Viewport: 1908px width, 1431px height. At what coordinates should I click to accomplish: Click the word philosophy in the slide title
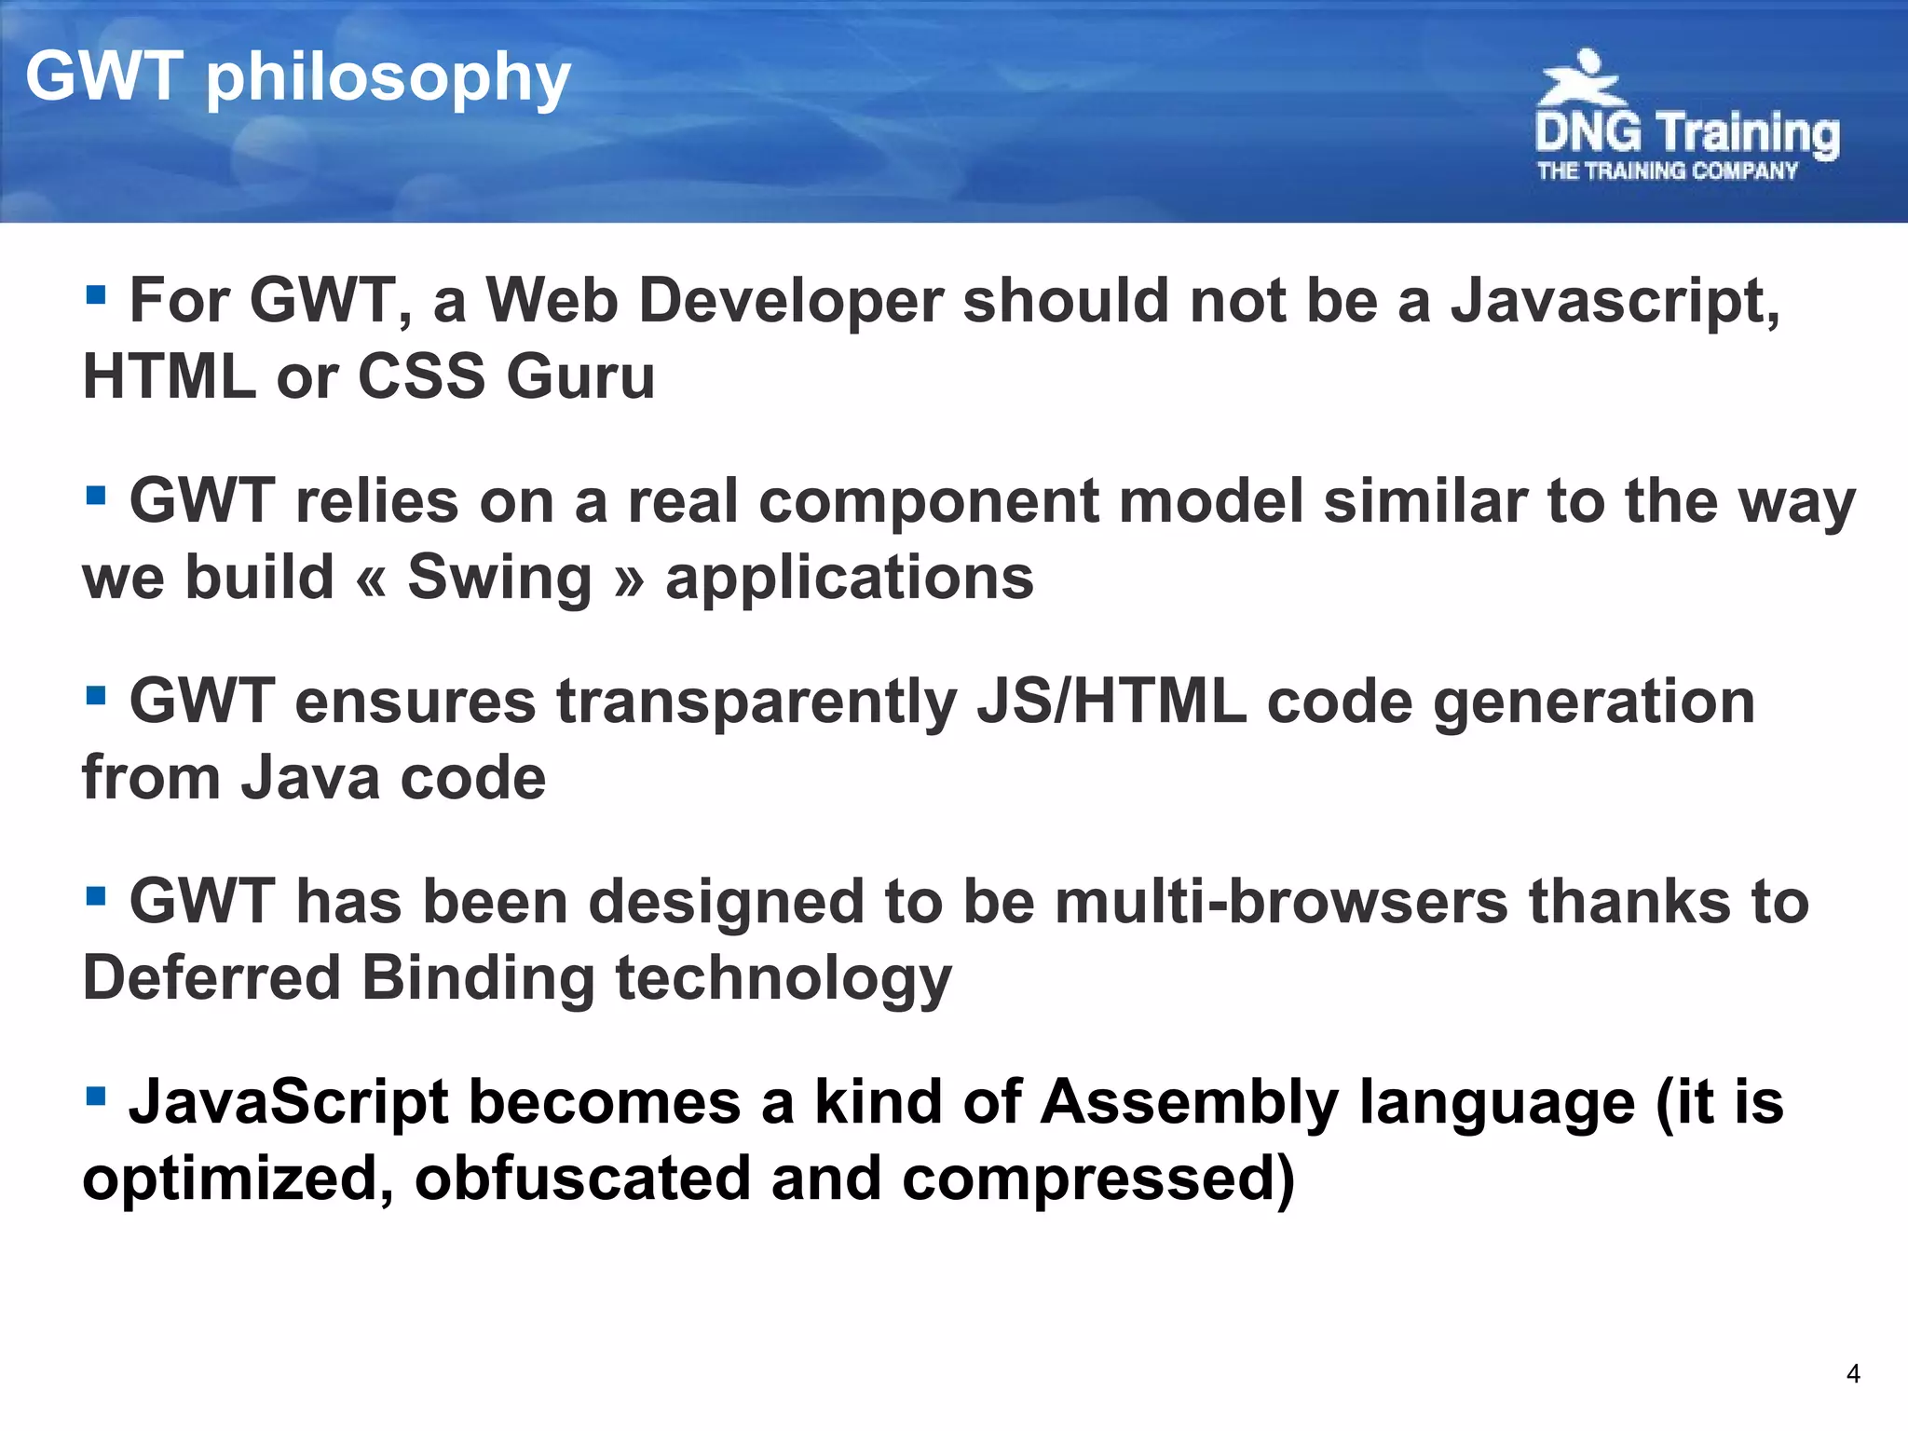coord(388,78)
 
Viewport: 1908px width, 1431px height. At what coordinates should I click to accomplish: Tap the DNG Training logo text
coord(1686,132)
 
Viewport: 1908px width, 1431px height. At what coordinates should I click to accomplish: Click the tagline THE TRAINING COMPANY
coord(1668,171)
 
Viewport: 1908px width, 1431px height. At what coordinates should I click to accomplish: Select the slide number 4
coord(1853,1374)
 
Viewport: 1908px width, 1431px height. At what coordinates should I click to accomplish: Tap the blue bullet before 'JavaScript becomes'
coord(95,1096)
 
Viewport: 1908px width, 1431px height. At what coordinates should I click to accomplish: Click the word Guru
coord(580,377)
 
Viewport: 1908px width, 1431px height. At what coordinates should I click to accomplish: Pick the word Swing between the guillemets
coord(499,578)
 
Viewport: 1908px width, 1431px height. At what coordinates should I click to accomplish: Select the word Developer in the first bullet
coord(791,302)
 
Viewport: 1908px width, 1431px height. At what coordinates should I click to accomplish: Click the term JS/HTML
coord(1111,702)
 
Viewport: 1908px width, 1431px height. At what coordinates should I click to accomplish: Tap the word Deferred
coord(211,978)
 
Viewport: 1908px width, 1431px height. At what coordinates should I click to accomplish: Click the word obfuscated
coord(582,1179)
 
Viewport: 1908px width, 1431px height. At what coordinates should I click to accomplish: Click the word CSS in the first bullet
coord(421,377)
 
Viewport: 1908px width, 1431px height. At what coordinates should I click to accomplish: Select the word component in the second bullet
coord(929,502)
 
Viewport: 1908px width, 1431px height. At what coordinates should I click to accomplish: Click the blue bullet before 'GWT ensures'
coord(95,695)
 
